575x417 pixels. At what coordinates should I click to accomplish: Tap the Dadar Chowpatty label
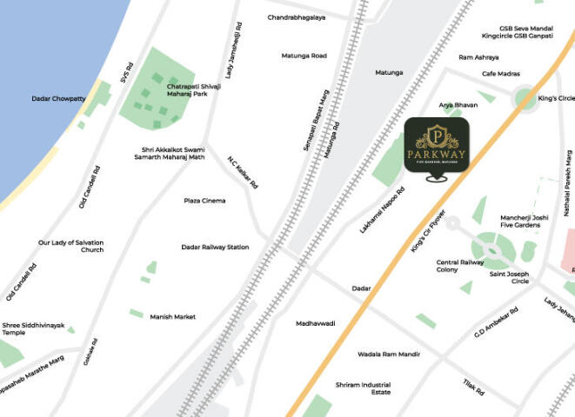tap(58, 99)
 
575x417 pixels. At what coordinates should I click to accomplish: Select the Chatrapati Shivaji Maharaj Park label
tap(194, 90)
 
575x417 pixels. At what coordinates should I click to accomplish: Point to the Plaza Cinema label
tap(204, 201)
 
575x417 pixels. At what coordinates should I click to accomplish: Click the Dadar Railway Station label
tap(215, 247)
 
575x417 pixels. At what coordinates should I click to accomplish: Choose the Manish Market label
tap(172, 317)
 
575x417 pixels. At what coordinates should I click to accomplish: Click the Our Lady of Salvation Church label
tap(70, 247)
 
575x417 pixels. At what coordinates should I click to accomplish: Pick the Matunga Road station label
tap(304, 56)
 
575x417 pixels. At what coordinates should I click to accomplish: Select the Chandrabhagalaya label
tap(297, 17)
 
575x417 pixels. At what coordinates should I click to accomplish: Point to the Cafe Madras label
tap(501, 74)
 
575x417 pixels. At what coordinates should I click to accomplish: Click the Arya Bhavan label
tap(458, 105)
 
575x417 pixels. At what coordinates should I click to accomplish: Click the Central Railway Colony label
tap(459, 266)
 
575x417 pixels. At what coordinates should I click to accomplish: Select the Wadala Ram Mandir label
tap(389, 354)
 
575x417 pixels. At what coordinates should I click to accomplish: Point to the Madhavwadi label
tap(316, 323)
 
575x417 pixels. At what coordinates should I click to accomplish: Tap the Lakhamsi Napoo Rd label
tap(383, 209)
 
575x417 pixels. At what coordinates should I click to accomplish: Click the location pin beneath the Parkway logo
tap(437, 179)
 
